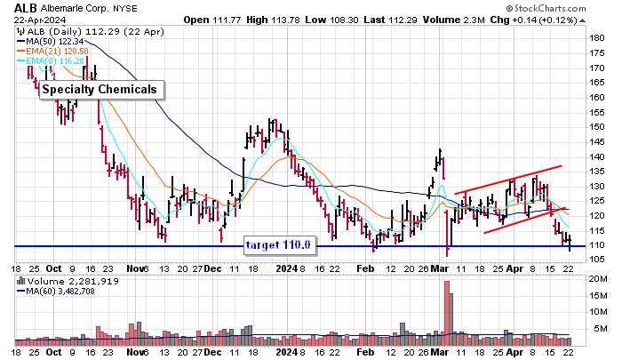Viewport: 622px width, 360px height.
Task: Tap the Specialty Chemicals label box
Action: point(101,89)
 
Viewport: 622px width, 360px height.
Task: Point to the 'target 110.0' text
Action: point(277,244)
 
